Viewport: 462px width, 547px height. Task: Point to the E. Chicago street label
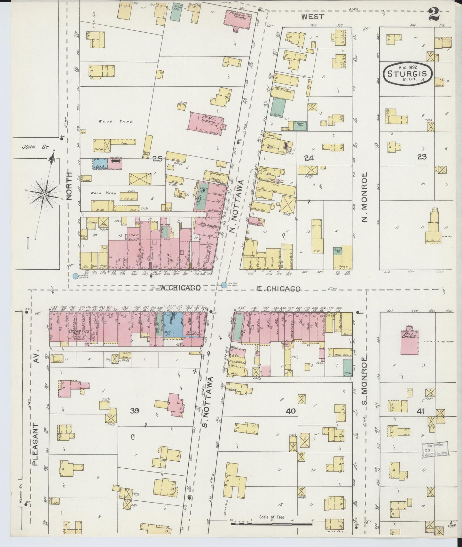(x=279, y=289)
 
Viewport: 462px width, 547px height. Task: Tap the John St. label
(x=35, y=147)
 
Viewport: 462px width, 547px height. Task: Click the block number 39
(x=134, y=411)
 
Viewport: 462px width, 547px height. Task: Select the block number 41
(x=420, y=411)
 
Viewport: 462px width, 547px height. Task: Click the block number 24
(x=309, y=158)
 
